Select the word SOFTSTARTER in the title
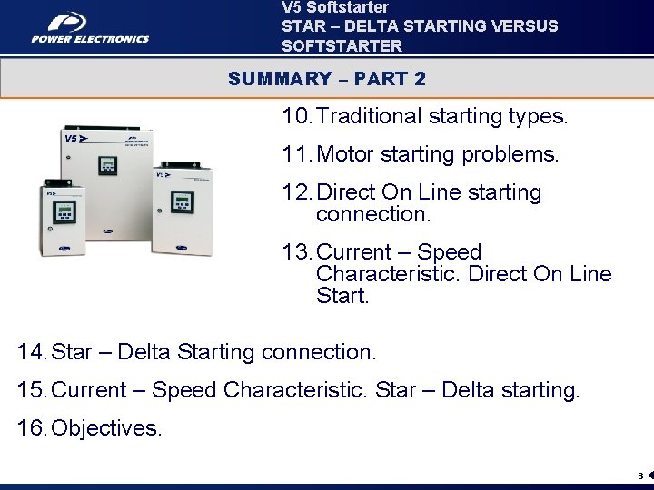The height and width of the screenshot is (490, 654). [342, 44]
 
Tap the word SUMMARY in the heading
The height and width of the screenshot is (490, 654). [281, 79]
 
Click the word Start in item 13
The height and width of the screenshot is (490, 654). [342, 296]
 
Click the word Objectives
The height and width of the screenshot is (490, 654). [107, 427]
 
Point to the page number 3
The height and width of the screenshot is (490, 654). [639, 475]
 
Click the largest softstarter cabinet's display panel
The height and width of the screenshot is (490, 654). [108, 166]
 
